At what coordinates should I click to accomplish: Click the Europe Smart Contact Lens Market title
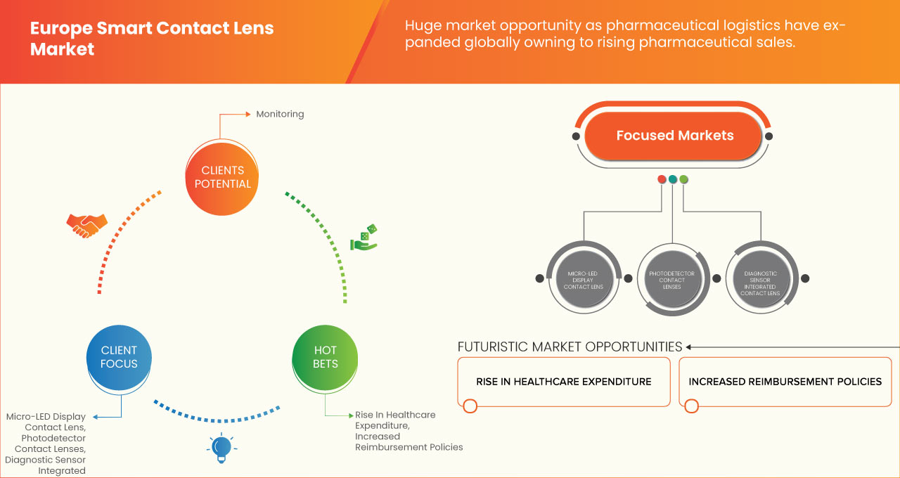point(152,39)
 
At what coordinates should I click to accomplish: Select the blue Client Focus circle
point(119,357)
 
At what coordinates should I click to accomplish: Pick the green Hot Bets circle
point(325,357)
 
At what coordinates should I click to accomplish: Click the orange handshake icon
point(86,224)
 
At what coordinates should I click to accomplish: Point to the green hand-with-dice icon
point(364,238)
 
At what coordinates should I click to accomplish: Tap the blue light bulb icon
point(221,448)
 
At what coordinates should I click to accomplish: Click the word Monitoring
point(280,114)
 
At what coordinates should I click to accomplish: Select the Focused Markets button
point(674,136)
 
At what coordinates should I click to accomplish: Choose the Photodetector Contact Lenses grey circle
point(671,278)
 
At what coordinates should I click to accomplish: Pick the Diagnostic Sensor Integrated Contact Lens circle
point(760,278)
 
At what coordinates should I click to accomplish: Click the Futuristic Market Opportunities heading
point(570,347)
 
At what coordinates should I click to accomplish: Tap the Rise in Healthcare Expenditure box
point(563,382)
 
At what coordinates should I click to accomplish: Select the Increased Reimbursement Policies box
point(785,382)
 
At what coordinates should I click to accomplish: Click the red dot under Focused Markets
point(662,180)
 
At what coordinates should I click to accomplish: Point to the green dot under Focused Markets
point(683,180)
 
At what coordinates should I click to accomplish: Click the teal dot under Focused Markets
point(673,180)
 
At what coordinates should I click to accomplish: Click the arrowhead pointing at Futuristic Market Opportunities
point(689,347)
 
